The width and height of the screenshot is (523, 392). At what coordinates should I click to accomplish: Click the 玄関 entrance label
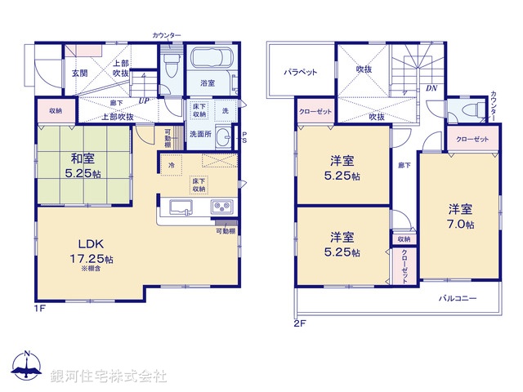(79, 73)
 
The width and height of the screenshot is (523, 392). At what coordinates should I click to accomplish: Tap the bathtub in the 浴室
(212, 60)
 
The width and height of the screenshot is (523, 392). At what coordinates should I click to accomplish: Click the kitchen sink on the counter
(181, 207)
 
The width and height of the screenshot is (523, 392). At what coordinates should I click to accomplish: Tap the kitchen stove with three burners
(221, 207)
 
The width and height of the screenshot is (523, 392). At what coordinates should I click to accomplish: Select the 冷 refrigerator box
(172, 166)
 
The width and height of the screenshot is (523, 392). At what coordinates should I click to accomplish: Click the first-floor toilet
(169, 68)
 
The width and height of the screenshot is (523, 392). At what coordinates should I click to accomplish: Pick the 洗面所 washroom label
(200, 134)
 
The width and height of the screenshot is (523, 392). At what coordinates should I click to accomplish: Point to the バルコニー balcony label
(458, 298)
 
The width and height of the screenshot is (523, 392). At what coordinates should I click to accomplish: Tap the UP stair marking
(145, 101)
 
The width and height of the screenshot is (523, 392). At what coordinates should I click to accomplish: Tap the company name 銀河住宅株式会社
(109, 376)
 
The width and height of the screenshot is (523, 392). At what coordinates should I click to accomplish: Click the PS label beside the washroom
(244, 136)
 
